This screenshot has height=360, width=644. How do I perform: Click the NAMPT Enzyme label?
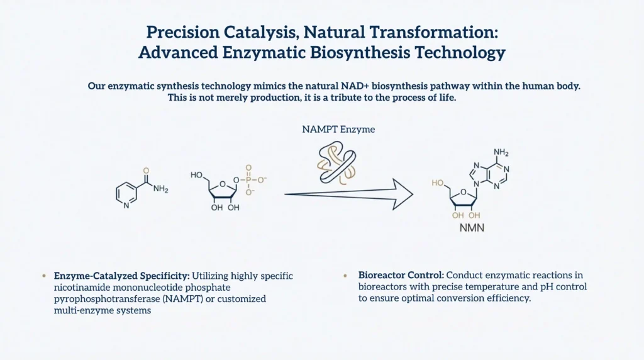338,130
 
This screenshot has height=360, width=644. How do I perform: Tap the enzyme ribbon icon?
337,162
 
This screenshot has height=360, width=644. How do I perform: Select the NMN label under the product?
472,228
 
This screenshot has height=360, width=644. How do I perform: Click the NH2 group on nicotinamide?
160,189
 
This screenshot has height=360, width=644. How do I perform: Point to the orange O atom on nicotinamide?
146,171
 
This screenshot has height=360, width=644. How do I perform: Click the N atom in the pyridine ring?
126,205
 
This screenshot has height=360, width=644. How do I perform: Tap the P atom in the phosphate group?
248,179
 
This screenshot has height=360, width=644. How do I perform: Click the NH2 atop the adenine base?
501,152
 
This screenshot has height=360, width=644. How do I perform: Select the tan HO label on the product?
438,183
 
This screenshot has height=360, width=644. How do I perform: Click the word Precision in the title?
183,32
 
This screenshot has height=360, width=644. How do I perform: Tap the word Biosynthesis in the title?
360,53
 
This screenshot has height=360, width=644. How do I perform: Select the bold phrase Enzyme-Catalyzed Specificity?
121,276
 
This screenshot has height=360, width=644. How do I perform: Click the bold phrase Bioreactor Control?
401,275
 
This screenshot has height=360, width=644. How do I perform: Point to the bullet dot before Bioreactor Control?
345,275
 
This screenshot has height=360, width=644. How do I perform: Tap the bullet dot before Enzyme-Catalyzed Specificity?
44,276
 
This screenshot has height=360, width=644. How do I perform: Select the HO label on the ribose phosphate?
196,175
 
